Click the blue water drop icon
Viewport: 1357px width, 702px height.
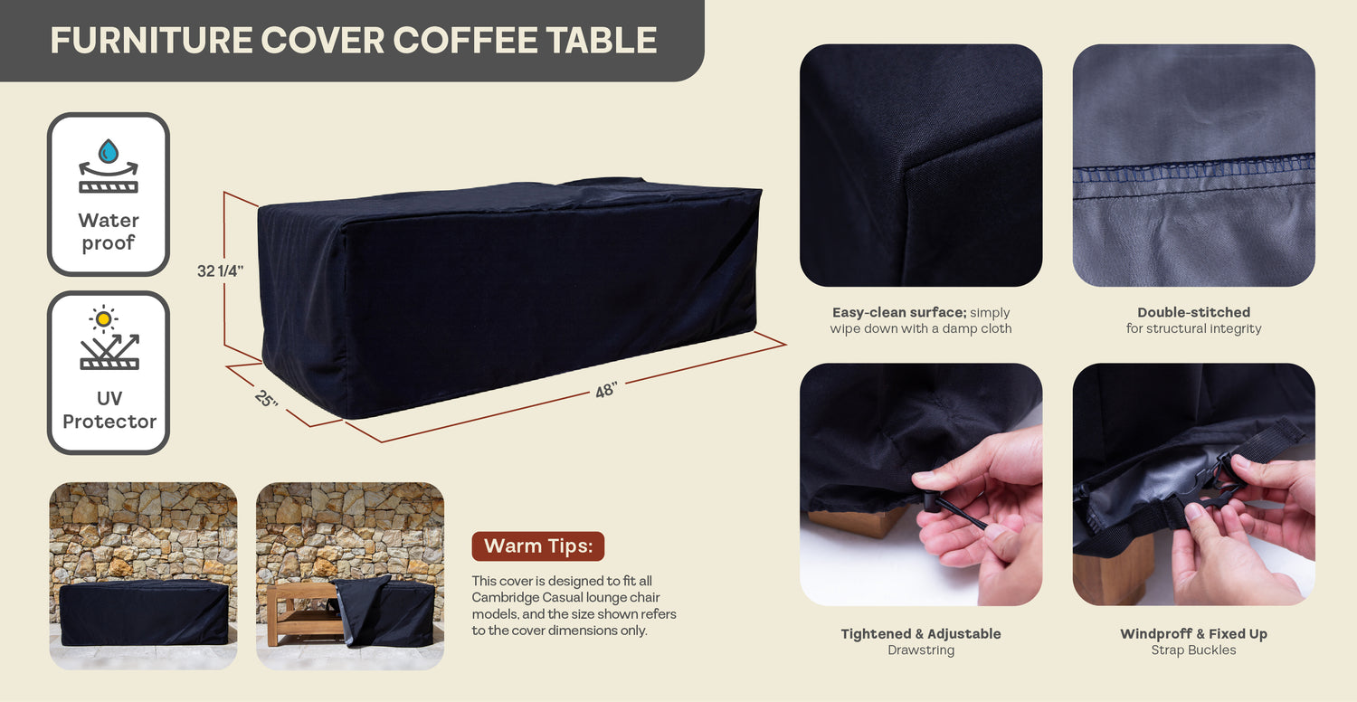pyautogui.click(x=109, y=151)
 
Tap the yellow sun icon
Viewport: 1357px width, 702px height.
pyautogui.click(x=104, y=318)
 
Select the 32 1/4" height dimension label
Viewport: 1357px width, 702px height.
pyautogui.click(x=221, y=270)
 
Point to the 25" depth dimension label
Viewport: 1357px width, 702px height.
pyautogui.click(x=266, y=399)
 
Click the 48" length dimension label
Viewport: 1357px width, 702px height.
pyautogui.click(x=606, y=390)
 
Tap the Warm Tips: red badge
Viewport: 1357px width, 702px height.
pyautogui.click(x=538, y=546)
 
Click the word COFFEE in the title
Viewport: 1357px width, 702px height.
pyautogui.click(x=465, y=41)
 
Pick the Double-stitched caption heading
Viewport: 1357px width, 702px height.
pyautogui.click(x=1193, y=312)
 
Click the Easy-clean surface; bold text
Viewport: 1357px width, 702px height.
pyautogui.click(x=899, y=312)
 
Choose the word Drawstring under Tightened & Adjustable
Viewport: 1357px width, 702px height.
pyautogui.click(x=921, y=650)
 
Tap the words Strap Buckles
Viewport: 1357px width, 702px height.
pyautogui.click(x=1193, y=650)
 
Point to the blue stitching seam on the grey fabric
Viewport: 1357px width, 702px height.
pyautogui.click(x=1193, y=169)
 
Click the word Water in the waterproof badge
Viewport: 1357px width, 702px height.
pyautogui.click(x=109, y=220)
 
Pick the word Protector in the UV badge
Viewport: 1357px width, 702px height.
pyautogui.click(x=109, y=421)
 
